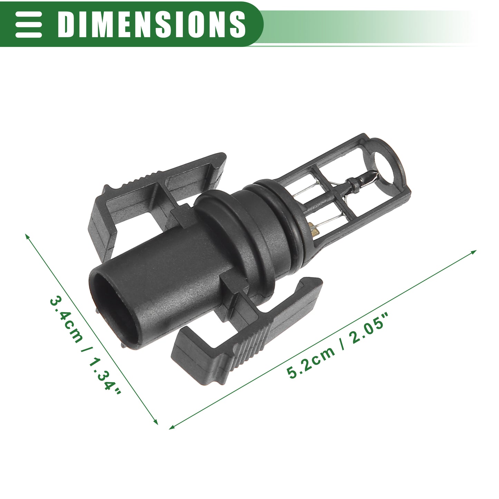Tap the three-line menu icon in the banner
[28, 25]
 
